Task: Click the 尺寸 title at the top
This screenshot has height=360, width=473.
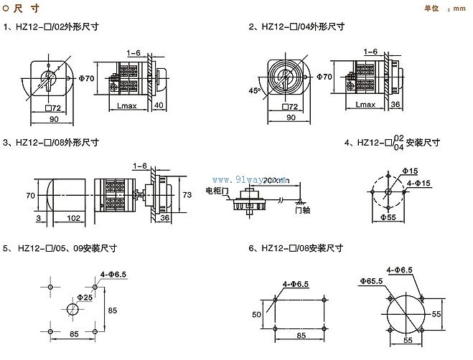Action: [24, 8]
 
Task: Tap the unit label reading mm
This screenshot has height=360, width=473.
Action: [456, 9]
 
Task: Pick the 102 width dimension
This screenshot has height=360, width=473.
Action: [73, 217]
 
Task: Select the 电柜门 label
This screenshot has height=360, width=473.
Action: [216, 191]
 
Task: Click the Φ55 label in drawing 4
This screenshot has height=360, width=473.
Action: [388, 217]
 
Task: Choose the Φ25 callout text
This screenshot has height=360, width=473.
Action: [85, 296]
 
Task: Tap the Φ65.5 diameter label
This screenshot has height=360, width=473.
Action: [372, 280]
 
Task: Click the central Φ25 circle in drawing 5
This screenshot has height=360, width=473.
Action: [73, 310]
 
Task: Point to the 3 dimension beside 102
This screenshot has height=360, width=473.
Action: [39, 217]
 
